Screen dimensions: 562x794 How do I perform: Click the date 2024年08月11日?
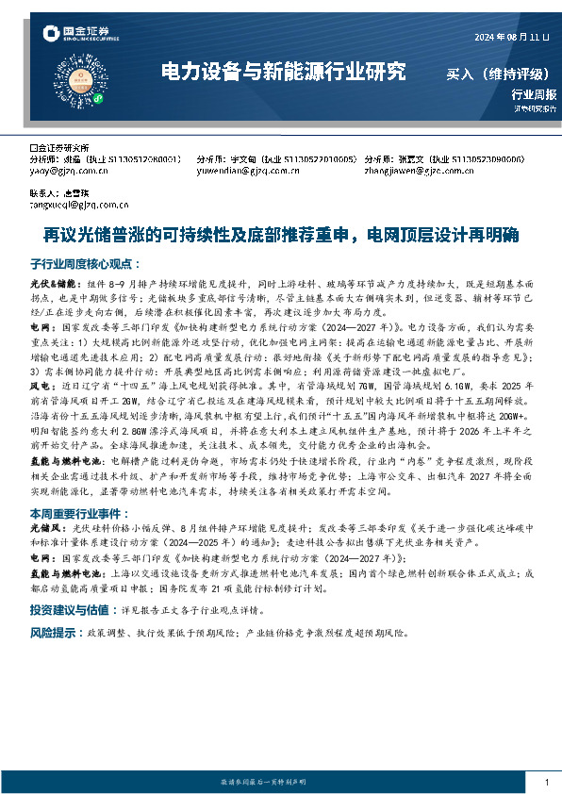click(510, 38)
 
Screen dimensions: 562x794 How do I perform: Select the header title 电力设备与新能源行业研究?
click(283, 71)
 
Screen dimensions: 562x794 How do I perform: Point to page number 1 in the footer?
click(547, 783)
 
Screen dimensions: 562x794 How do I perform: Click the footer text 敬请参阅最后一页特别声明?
click(273, 783)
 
